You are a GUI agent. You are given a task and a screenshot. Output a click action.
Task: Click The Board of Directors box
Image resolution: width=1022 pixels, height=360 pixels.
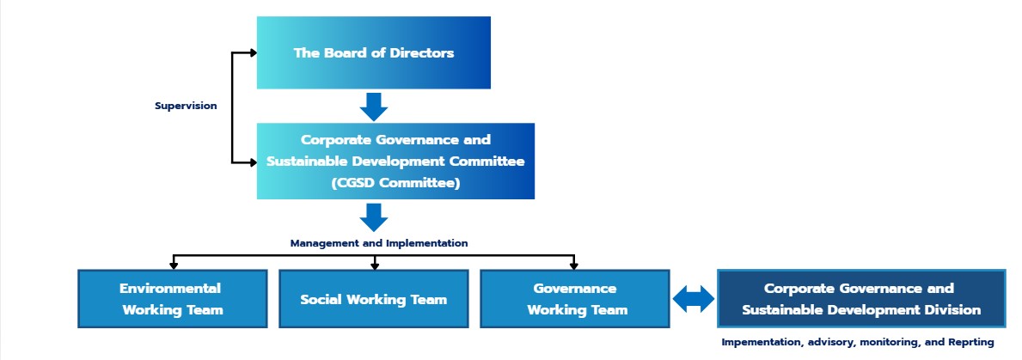pyautogui.click(x=374, y=52)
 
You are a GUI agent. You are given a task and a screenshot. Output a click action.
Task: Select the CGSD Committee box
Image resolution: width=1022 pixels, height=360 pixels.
pyautogui.click(x=395, y=161)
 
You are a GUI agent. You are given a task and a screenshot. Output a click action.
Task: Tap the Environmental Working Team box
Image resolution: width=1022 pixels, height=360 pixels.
pyautogui.click(x=173, y=299)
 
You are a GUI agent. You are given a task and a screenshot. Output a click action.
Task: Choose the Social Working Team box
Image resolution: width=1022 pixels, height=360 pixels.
pyautogui.click(x=374, y=299)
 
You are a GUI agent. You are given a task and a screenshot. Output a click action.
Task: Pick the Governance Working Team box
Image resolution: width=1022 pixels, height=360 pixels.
pyautogui.click(x=575, y=299)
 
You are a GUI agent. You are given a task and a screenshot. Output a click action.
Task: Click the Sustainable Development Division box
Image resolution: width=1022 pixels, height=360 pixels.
pyautogui.click(x=861, y=299)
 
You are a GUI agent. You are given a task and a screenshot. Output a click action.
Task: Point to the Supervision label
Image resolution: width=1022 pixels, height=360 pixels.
pyautogui.click(x=186, y=106)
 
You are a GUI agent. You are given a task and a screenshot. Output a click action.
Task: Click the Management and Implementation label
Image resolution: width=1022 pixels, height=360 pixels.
pyautogui.click(x=379, y=243)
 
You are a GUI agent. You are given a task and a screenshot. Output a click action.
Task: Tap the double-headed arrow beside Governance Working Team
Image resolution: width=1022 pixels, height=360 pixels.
pyautogui.click(x=694, y=299)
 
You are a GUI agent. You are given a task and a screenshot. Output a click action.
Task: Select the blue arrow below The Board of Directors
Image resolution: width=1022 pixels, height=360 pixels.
pyautogui.click(x=374, y=107)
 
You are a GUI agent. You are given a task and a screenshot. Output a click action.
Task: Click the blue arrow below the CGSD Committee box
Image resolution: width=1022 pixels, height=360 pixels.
pyautogui.click(x=374, y=217)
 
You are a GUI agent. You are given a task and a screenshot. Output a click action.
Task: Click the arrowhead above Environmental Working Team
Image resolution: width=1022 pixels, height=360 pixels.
pyautogui.click(x=174, y=265)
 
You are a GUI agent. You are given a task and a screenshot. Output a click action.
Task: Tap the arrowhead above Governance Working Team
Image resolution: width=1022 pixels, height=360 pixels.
pyautogui.click(x=573, y=265)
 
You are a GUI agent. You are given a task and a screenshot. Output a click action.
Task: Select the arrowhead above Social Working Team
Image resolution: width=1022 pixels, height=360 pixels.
pyautogui.click(x=375, y=265)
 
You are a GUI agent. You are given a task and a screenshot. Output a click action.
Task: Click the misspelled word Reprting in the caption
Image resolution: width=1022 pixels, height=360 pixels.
pyautogui.click(x=970, y=342)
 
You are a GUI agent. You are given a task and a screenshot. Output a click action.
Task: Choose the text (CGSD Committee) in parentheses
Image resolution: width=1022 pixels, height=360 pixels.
pyautogui.click(x=395, y=183)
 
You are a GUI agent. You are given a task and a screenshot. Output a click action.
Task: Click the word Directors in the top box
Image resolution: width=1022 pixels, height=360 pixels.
pyautogui.click(x=422, y=52)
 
